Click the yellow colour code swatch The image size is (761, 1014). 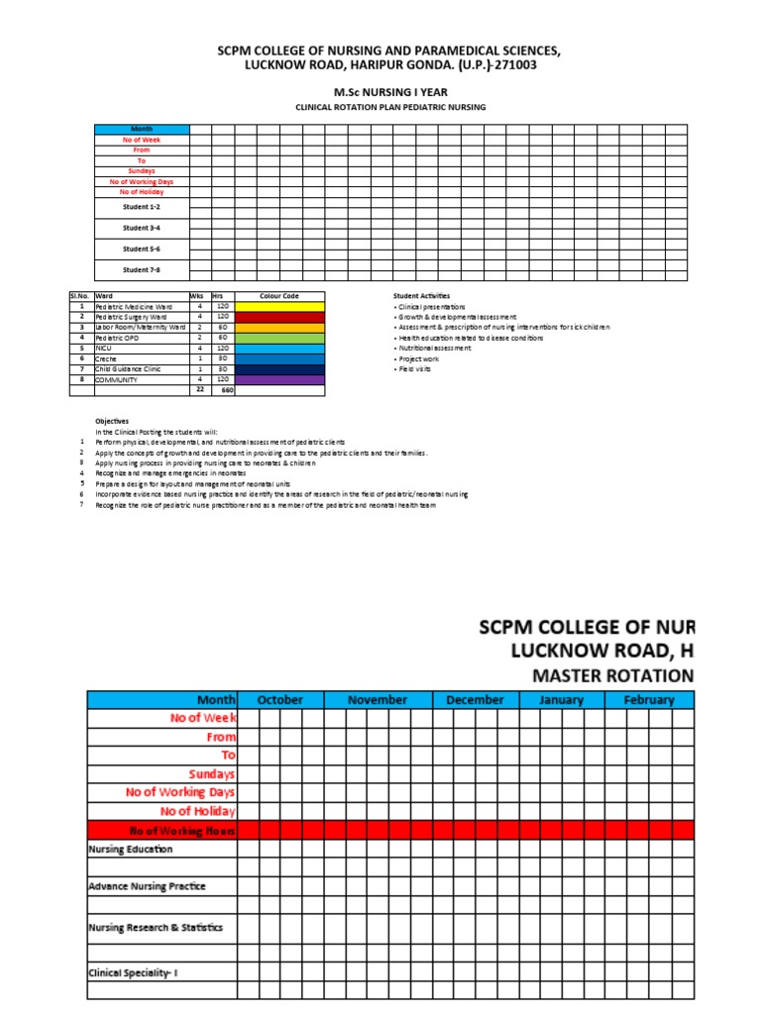coord(278,307)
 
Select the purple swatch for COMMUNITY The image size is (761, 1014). coord(278,379)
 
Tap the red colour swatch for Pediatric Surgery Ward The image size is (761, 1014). coord(278,317)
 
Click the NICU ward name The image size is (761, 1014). coord(103,349)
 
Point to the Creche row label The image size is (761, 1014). coord(106,358)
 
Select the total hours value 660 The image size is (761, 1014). coord(226,390)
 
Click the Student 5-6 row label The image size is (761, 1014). coord(141,249)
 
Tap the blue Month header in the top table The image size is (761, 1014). coord(141,129)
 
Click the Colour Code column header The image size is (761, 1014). coord(278,296)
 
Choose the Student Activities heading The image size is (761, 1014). coord(421,296)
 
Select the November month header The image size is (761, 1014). coord(378,700)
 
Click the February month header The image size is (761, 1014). coord(649,700)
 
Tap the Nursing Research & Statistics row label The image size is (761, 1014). coord(156,928)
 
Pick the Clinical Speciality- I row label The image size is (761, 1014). coord(133,972)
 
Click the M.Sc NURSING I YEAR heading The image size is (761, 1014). coord(380,91)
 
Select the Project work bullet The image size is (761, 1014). coord(419,358)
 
